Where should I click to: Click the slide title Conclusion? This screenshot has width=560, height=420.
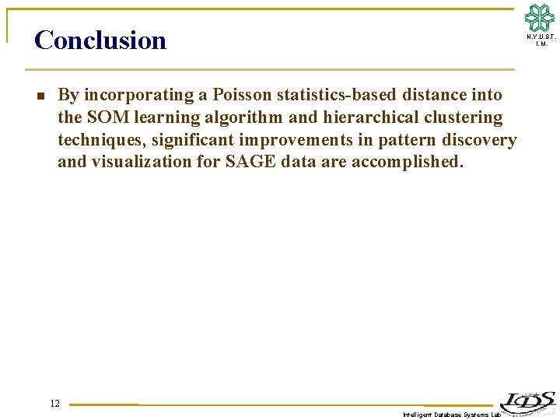coord(100,40)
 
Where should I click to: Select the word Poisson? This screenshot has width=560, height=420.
coord(241,95)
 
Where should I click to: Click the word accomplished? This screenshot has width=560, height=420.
coord(407,162)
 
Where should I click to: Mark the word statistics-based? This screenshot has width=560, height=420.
coord(335,95)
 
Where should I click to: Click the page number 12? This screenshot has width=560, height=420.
coord(54,403)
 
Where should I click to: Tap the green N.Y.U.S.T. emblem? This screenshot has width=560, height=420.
coord(540,17)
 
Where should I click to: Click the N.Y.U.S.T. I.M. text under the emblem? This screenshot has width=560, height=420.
coord(541,40)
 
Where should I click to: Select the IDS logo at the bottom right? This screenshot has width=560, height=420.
coord(527,401)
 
